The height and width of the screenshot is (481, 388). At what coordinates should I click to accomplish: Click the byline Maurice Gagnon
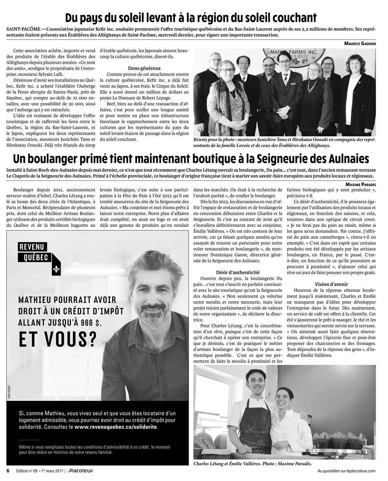(360, 44)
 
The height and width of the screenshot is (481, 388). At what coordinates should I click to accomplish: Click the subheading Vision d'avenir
(331, 284)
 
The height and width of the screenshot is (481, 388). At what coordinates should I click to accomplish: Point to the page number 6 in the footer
(8, 471)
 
